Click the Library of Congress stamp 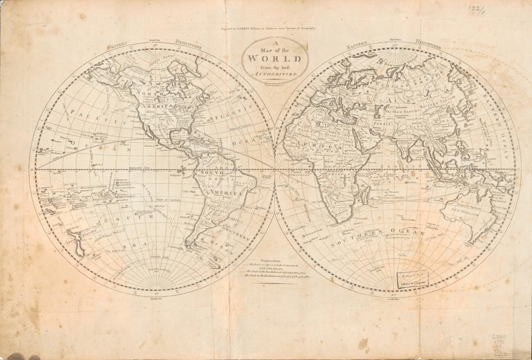point(413,280)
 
